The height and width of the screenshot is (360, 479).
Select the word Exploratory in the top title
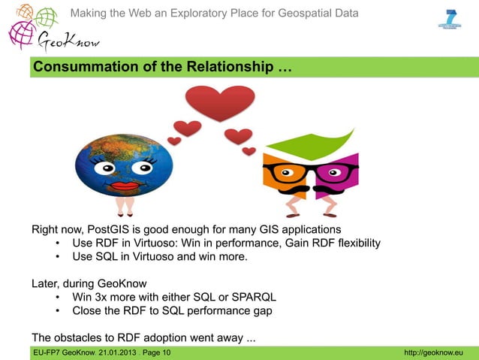tap(206, 14)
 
